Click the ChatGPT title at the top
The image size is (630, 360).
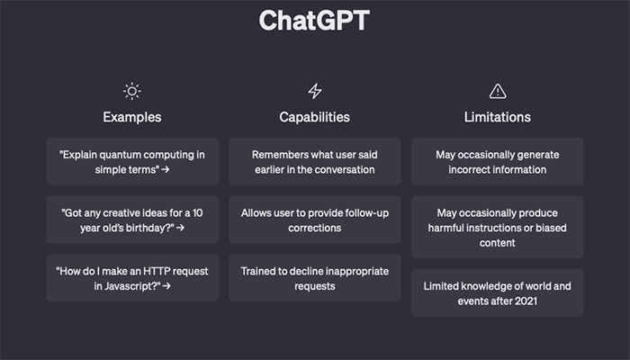(314, 21)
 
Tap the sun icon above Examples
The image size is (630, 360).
(131, 91)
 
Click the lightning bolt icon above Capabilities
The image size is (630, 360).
(315, 91)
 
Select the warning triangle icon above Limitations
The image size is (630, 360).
(498, 91)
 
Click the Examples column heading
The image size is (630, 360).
(131, 117)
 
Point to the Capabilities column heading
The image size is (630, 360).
(315, 117)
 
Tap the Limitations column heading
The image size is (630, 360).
(498, 117)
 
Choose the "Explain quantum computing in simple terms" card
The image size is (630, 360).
(132, 161)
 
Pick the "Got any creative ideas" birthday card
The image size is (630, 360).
(132, 220)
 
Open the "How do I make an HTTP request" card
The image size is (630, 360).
(132, 278)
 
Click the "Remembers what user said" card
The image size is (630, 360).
(315, 161)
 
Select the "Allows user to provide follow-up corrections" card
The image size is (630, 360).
(315, 220)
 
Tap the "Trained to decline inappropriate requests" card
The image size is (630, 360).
(315, 278)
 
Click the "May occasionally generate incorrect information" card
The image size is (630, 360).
(498, 161)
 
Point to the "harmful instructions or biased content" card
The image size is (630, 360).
(498, 228)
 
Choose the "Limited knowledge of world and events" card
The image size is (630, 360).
(498, 292)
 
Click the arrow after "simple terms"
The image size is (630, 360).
(165, 170)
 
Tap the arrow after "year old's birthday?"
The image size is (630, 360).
(180, 228)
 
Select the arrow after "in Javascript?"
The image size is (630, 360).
(166, 286)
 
